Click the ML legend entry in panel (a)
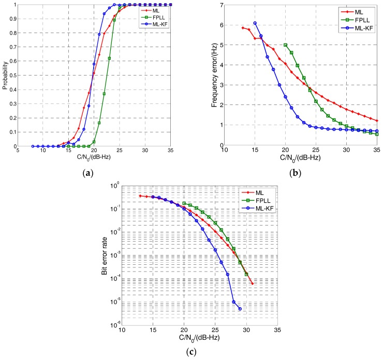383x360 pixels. (x=159, y=10)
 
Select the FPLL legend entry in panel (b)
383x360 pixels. (x=361, y=19)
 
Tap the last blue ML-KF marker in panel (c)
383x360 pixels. (x=240, y=309)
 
